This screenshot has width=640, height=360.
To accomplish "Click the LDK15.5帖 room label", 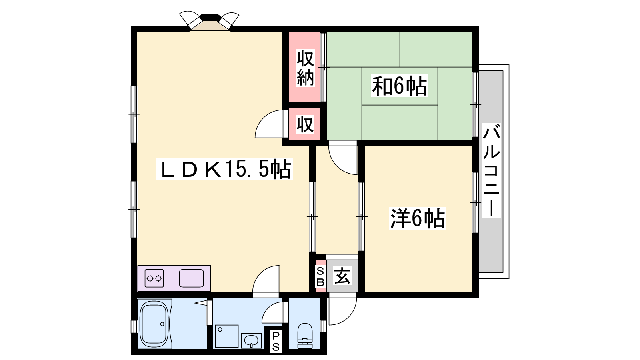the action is [224, 169].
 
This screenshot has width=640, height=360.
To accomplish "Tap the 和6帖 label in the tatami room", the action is [399, 86].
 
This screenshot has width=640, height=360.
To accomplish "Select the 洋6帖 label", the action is [418, 218].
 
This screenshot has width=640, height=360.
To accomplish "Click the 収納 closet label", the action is [305, 68].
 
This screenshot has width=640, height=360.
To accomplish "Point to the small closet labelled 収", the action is [305, 124].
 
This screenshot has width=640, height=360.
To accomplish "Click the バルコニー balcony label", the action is [491, 170].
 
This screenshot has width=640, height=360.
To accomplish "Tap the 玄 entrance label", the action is [342, 276].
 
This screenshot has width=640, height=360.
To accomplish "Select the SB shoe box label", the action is [320, 276].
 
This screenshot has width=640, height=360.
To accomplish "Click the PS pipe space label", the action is [276, 341].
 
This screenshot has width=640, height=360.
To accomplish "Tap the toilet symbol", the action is [305, 336].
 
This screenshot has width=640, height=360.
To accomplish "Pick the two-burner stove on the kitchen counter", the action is [154, 278].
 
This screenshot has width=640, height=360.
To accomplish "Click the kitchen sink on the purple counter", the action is [192, 278].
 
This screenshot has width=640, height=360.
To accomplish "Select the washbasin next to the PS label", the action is [251, 340].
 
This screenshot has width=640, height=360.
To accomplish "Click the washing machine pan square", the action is [226, 336].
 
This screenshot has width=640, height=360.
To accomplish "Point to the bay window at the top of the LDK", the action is [210, 22].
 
